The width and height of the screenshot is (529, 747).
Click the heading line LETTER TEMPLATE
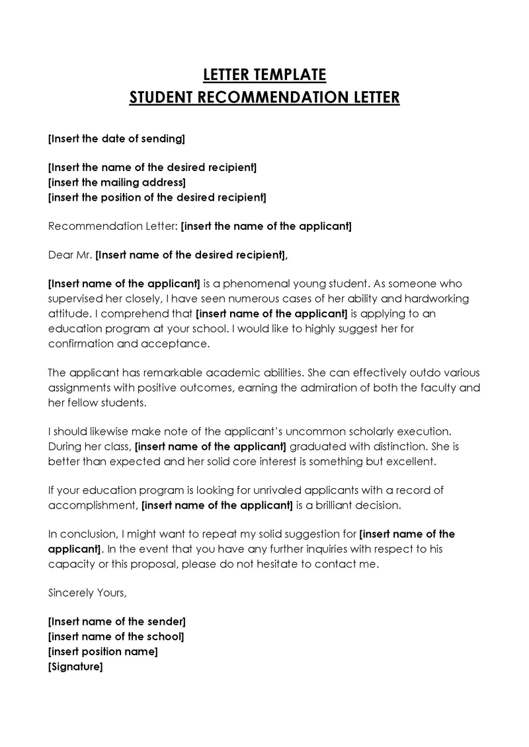(x=264, y=73)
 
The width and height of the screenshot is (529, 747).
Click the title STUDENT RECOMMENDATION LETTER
(x=264, y=98)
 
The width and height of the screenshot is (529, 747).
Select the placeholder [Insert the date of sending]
(x=117, y=139)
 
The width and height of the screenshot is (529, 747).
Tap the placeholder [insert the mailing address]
(x=117, y=182)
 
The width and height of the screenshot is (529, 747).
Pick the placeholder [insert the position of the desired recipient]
(x=157, y=197)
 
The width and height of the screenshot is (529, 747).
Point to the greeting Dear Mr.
(x=71, y=254)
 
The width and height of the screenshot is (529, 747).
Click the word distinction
(x=391, y=446)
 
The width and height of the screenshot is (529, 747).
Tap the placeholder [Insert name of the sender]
(x=117, y=622)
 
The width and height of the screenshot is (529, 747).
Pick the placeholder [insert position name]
(x=103, y=651)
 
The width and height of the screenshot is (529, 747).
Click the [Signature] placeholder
(x=76, y=666)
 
